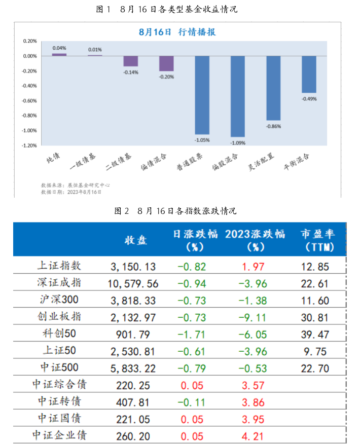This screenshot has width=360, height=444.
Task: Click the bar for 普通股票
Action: pyautogui.click(x=202, y=95)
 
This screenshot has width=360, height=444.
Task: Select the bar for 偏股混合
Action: pyautogui.click(x=238, y=96)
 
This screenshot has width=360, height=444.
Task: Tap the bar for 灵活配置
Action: pyautogui.click(x=273, y=88)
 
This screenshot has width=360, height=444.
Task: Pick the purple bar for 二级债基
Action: pyautogui.click(x=131, y=61)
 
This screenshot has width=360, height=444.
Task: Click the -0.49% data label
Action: pyautogui.click(x=309, y=99)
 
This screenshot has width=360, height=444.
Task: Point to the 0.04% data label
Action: pyautogui.click(x=59, y=48)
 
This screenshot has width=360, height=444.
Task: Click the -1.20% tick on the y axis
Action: pyautogui.click(x=30, y=145)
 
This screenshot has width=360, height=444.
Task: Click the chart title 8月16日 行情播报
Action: pyautogui.click(x=177, y=31)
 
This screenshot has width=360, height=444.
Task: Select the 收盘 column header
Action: pyautogui.click(x=135, y=240)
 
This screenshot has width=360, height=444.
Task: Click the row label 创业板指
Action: pyautogui.click(x=59, y=317)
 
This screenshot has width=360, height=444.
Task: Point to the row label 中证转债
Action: pyautogui.click(x=59, y=402)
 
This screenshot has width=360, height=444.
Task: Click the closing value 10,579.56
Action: pyautogui.click(x=133, y=283)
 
